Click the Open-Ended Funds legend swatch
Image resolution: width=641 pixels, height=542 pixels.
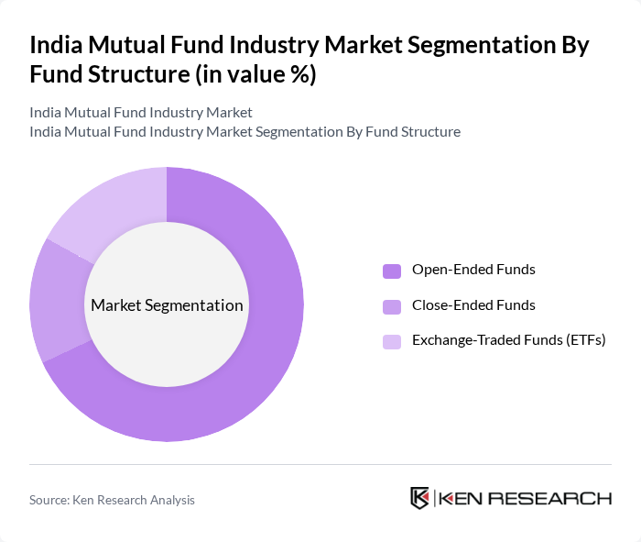click(392, 271)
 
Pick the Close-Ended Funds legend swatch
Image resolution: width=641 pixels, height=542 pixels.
click(392, 306)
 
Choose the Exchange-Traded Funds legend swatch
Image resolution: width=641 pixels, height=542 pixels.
click(392, 341)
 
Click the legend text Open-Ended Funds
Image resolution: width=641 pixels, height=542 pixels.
click(473, 270)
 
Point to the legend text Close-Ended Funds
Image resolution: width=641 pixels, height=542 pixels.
click(473, 305)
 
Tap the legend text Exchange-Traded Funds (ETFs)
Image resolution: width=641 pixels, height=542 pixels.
click(509, 340)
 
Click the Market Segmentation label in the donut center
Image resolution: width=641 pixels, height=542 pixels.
click(167, 305)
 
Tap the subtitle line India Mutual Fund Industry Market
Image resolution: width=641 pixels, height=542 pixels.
click(140, 113)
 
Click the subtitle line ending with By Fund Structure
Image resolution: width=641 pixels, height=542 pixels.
click(244, 132)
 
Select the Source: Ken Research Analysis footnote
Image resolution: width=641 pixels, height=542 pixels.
click(112, 500)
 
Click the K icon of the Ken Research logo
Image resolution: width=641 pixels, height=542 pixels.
click(420, 498)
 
